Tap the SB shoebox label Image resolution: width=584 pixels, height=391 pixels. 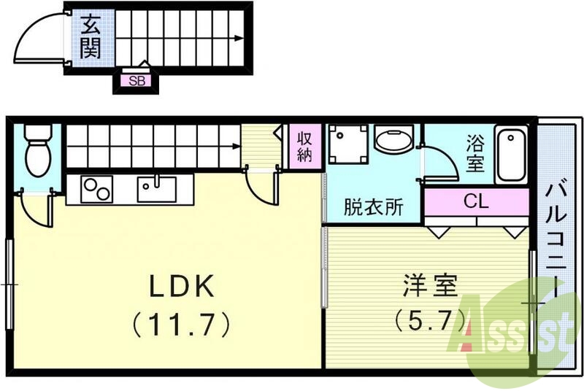(137, 81)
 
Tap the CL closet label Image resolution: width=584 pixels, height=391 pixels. (476, 201)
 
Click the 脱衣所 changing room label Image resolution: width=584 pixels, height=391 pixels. (374, 207)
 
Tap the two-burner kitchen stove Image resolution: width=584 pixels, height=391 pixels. (96, 189)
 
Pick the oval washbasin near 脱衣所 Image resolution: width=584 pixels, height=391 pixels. (393, 140)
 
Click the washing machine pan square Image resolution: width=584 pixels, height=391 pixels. (347, 143)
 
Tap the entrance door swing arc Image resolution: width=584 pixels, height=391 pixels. (40, 40)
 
